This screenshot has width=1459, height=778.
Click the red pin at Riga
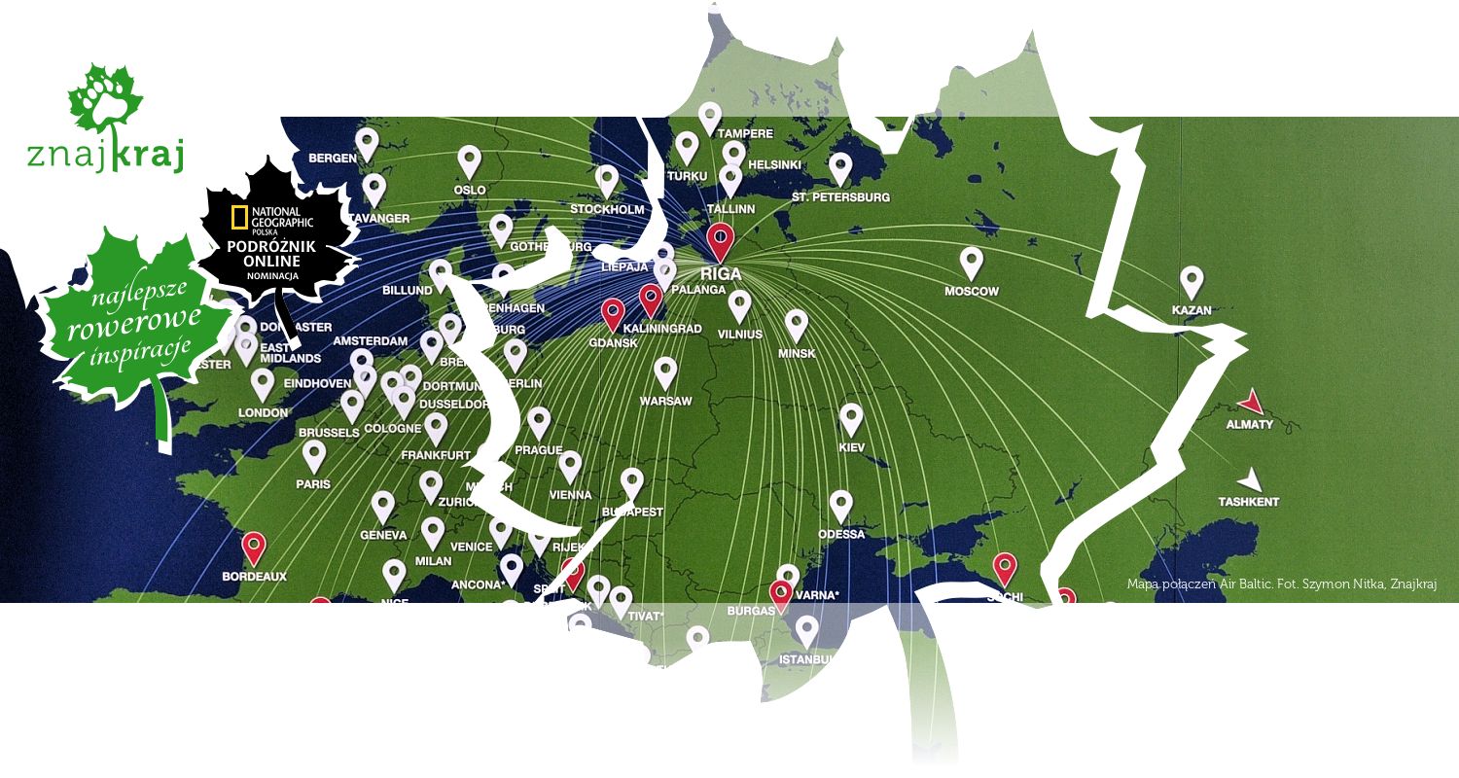coord(720,238)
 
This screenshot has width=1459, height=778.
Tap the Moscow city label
coord(972,291)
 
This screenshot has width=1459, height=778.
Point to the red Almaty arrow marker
coord(1252,402)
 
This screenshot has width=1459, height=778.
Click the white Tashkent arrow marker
coord(1252,478)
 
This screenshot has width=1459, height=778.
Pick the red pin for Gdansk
coord(613,313)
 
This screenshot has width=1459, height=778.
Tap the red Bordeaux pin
coord(254,547)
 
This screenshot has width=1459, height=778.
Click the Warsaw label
coord(665,401)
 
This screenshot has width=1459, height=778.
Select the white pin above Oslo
coord(470,160)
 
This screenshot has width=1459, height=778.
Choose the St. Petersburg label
coord(840,196)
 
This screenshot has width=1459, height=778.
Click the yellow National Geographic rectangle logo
coord(238,218)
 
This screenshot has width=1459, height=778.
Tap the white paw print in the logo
coord(105,96)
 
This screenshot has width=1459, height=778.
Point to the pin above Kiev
coord(851,418)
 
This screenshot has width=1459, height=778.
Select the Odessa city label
coord(841,534)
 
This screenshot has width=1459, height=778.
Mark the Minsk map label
coord(797,353)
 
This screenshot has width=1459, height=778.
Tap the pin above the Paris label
coord(313,454)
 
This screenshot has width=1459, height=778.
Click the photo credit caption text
coord(1281,584)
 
